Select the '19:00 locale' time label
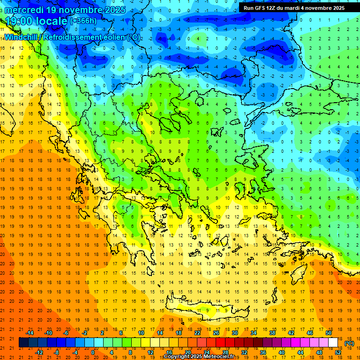[36, 21]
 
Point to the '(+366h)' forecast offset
[83, 21]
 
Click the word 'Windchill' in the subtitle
[21, 37]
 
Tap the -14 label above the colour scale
[30, 333]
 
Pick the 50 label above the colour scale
[329, 333]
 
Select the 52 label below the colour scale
[338, 352]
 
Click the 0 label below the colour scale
[93, 352]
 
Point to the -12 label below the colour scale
[39, 352]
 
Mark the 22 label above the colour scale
[197, 333]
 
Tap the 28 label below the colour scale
[225, 352]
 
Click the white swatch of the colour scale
[333, 343]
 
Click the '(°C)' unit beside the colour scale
[349, 343]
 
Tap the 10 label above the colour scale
[141, 333]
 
